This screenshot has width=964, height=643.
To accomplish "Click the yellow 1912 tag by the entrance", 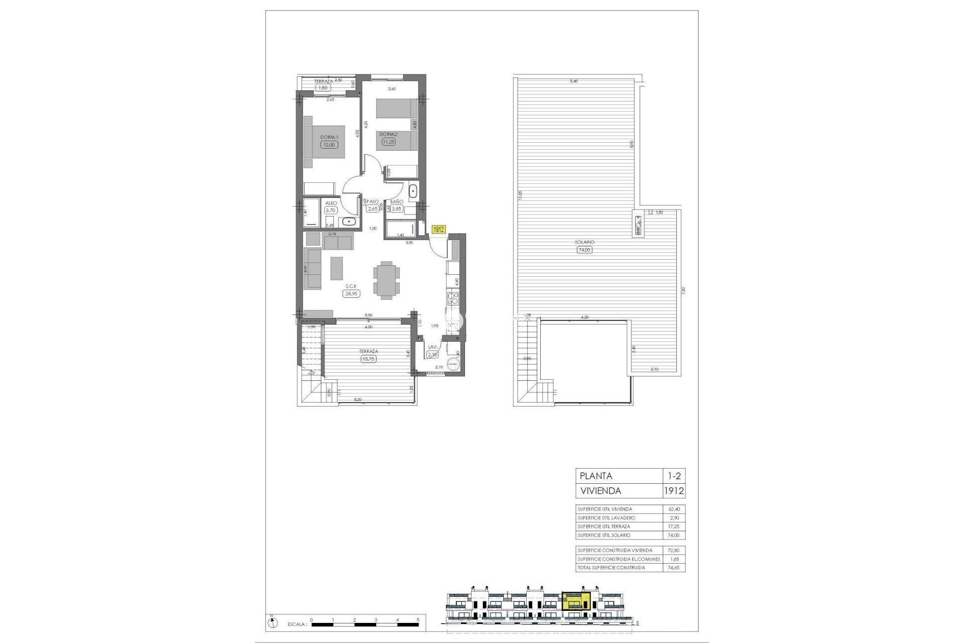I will pyautogui.click(x=439, y=230).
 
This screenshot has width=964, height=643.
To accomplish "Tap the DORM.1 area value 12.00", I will pyautogui.click(x=329, y=145).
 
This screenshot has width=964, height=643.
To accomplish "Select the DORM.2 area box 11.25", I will pyautogui.click(x=389, y=142).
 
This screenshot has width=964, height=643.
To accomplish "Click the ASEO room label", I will pyautogui.click(x=331, y=203).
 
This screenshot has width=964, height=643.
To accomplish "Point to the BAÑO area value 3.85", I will pyautogui.click(x=397, y=209).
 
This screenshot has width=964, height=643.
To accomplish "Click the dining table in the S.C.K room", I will pyautogui.click(x=387, y=280).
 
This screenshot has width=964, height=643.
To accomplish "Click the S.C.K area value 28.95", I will pyautogui.click(x=351, y=293).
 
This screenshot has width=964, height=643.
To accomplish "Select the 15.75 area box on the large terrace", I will pyautogui.click(x=369, y=359).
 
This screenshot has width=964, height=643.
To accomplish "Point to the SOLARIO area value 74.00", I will pyautogui.click(x=584, y=249).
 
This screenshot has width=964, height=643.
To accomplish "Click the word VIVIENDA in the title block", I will pyautogui.click(x=600, y=491).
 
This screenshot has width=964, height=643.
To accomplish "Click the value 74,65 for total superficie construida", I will pyautogui.click(x=673, y=568).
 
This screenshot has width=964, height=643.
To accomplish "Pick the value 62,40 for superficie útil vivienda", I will pyautogui.click(x=673, y=509).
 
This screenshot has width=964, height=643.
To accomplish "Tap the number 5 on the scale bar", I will pyautogui.click(x=418, y=620).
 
